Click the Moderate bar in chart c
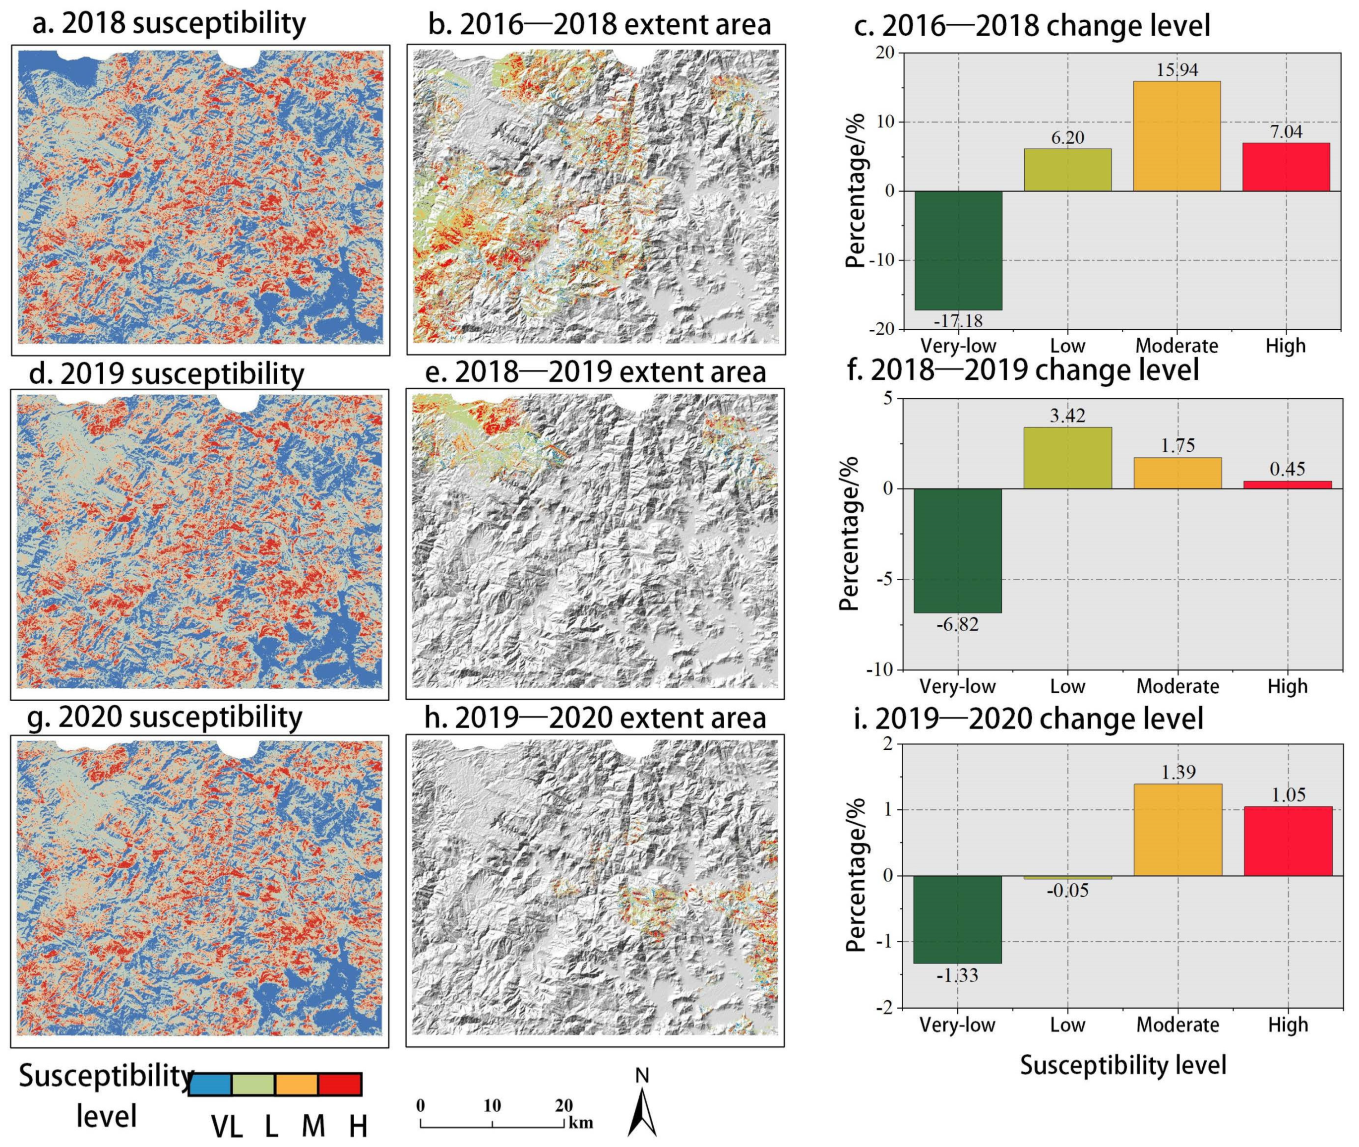pyautogui.click(x=1177, y=136)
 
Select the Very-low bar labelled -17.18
pyautogui.click(x=958, y=250)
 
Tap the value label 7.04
pyautogui.click(x=1286, y=132)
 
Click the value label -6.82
pyautogui.click(x=957, y=625)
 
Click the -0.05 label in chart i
pyautogui.click(x=1067, y=890)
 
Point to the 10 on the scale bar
pyautogui.click(x=492, y=1105)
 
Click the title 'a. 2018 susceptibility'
pyautogui.click(x=169, y=24)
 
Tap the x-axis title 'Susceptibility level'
pyautogui.click(x=1123, y=1065)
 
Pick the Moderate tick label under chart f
pyautogui.click(x=1177, y=687)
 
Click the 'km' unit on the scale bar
pyautogui.click(x=581, y=1123)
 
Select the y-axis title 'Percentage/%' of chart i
pyautogui.click(x=857, y=875)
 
